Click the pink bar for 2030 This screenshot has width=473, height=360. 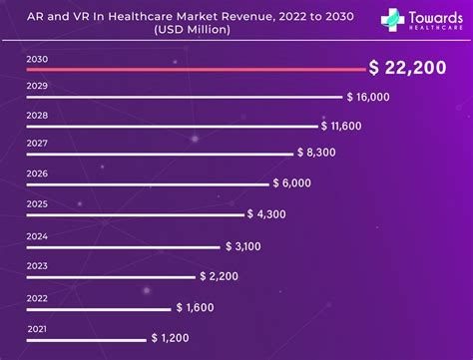(x=195, y=70)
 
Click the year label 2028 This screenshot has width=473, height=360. (x=36, y=116)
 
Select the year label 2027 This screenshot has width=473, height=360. (x=36, y=144)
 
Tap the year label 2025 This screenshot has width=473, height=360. (x=36, y=204)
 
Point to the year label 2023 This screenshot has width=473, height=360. (x=36, y=265)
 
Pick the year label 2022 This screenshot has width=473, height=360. (x=36, y=298)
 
